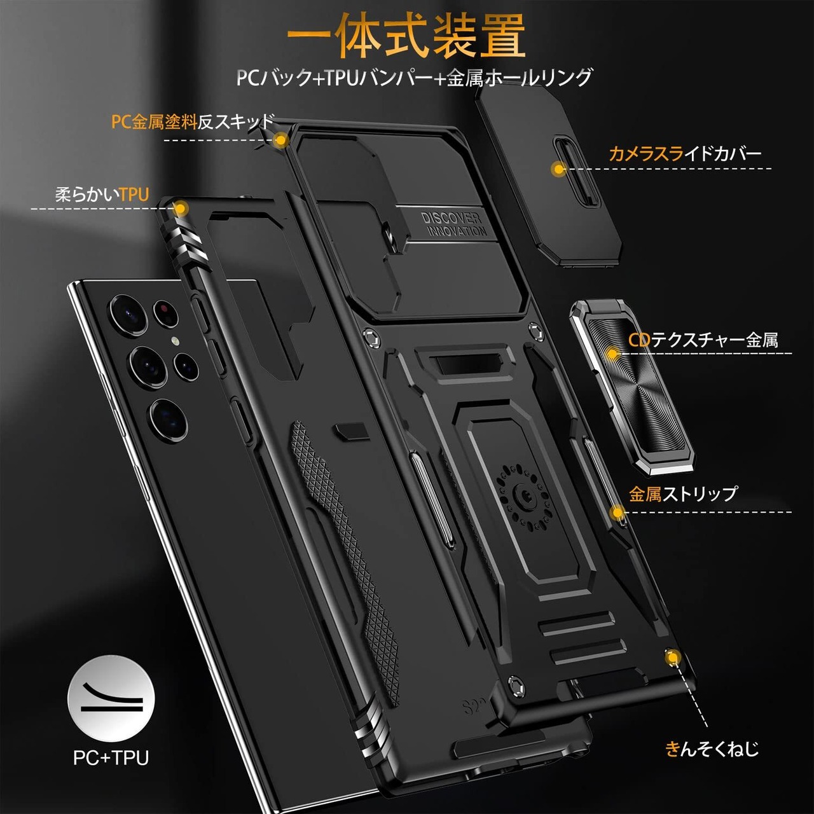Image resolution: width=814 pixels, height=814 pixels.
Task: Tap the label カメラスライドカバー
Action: click(684, 153)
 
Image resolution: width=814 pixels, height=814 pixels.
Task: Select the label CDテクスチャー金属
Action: click(703, 340)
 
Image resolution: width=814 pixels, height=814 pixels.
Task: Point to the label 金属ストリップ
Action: click(683, 493)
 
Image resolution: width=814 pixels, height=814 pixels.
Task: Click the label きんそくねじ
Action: click(712, 749)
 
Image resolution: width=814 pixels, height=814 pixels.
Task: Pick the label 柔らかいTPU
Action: click(102, 195)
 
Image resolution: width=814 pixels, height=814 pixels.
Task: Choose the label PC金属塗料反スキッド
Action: click(193, 122)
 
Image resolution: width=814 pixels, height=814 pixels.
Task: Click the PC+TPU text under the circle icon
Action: click(111, 757)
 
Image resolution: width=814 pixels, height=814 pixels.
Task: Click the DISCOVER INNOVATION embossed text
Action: click(453, 224)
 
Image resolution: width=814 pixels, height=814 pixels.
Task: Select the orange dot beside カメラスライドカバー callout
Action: click(558, 169)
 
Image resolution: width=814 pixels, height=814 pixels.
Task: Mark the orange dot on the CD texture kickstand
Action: click(612, 354)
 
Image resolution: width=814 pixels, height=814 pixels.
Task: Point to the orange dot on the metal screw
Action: click(671, 658)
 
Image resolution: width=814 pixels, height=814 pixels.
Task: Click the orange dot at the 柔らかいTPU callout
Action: click(181, 208)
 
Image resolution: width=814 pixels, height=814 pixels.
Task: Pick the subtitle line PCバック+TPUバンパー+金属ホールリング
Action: click(413, 78)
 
